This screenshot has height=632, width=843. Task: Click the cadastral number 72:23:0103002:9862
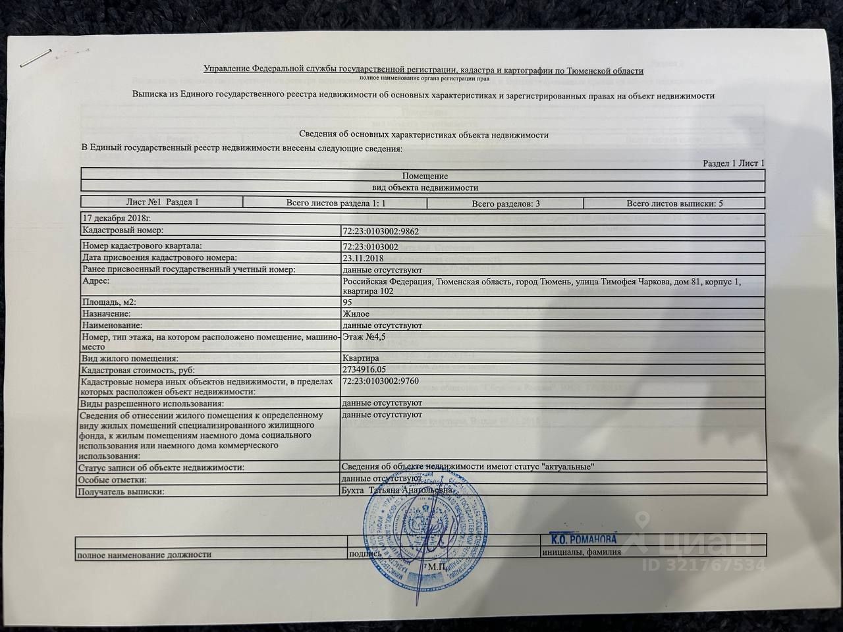pos(381,231)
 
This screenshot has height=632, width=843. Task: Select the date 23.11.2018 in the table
pos(363,258)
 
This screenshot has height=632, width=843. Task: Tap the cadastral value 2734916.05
pos(364,369)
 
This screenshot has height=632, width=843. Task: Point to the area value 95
pos(347,302)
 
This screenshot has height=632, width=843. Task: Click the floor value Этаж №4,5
pos(364,337)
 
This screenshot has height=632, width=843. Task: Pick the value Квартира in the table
pos(361,358)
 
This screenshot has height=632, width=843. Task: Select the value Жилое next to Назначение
pos(356,314)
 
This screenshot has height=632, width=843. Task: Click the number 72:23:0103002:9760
pos(381,381)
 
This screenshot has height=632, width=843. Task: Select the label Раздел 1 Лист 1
pos(733,163)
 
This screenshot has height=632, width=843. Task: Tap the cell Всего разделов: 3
pos(506,203)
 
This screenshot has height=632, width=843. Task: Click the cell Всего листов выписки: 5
pos(674,203)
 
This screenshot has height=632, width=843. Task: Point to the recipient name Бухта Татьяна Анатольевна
pos(397,490)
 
